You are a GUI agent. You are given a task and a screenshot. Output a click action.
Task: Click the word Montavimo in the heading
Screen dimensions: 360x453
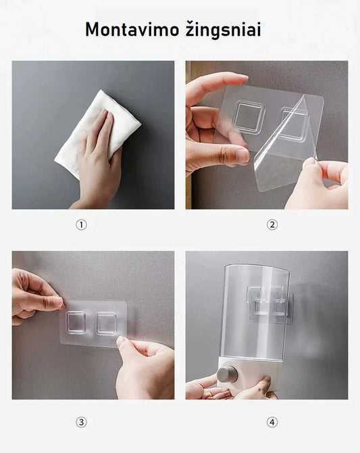[132, 29]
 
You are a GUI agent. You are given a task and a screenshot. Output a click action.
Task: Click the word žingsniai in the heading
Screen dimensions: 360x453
[224, 30]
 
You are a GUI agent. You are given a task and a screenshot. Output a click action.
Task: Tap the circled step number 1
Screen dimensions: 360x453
[81, 224]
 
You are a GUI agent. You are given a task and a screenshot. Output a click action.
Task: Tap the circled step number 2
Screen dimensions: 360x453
[272, 224]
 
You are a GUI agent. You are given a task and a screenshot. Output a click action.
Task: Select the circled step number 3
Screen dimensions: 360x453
[81, 423]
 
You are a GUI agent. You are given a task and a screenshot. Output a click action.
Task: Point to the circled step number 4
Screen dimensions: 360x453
[272, 423]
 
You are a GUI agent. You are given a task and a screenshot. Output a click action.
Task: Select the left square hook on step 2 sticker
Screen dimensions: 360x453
[249, 116]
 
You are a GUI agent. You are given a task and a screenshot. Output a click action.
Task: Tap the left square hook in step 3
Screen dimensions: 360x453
[76, 323]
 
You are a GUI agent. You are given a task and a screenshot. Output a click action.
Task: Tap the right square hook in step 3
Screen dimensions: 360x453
[107, 323]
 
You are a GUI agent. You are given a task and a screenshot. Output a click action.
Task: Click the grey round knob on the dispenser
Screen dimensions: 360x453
[228, 375]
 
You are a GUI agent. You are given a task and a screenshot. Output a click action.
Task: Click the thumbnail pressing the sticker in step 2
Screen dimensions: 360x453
[242, 156]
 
